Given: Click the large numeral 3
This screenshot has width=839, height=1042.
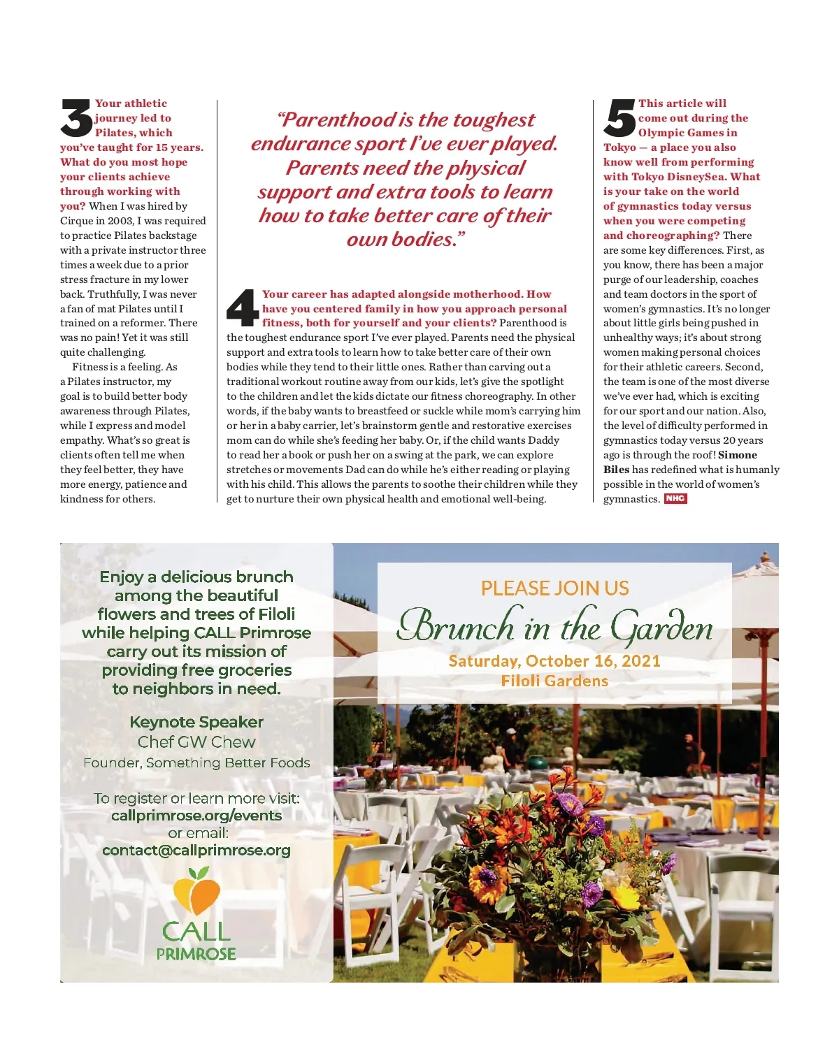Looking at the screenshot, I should pyautogui.click(x=76, y=118).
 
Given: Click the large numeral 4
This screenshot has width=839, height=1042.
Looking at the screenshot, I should pyautogui.click(x=243, y=307).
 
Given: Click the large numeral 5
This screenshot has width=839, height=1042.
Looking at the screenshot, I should pyautogui.click(x=619, y=118).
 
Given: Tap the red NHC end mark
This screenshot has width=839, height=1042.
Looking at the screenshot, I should pyautogui.click(x=675, y=499).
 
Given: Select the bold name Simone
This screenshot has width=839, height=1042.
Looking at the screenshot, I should pyautogui.click(x=738, y=455).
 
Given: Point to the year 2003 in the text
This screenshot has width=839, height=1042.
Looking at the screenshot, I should pyautogui.click(x=120, y=221).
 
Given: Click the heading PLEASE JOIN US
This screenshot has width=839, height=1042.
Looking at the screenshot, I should pyautogui.click(x=554, y=588).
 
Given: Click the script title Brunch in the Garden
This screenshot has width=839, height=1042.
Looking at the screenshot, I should pyautogui.click(x=554, y=626).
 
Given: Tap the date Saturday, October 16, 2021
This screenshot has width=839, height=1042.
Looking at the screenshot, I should pyautogui.click(x=554, y=661).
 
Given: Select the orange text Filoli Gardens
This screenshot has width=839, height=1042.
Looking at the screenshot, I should pyautogui.click(x=554, y=681).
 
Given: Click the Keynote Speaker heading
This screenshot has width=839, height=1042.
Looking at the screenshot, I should pyautogui.click(x=196, y=722).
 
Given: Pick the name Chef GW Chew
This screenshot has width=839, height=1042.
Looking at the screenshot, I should pyautogui.click(x=196, y=742).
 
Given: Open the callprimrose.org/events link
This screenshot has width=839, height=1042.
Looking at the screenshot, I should pyautogui.click(x=196, y=816).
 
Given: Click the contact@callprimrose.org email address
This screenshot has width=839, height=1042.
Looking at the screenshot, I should pyautogui.click(x=196, y=851).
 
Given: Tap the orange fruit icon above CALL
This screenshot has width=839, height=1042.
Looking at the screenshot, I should pyautogui.click(x=196, y=890).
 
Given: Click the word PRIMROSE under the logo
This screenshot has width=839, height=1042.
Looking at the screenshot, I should pyautogui.click(x=196, y=954).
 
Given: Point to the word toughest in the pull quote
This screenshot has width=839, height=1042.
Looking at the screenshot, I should pyautogui.click(x=494, y=120).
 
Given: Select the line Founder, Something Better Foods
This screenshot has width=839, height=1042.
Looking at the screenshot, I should pyautogui.click(x=196, y=763).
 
